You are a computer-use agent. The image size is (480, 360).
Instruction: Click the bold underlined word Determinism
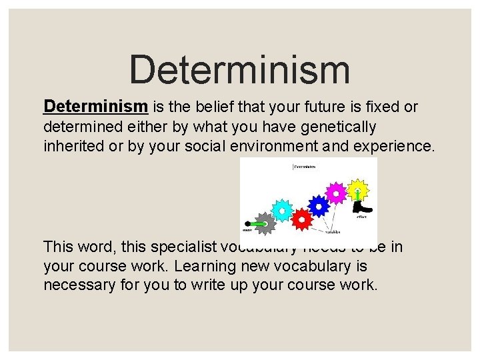(x=95, y=106)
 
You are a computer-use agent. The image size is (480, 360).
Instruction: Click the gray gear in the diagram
(x=265, y=222)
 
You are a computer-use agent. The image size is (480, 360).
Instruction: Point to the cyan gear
(x=283, y=210)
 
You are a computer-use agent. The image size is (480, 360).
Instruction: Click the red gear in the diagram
(x=302, y=217)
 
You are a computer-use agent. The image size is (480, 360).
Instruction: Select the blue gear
(x=319, y=206)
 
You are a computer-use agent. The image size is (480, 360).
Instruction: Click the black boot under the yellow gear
(x=363, y=207)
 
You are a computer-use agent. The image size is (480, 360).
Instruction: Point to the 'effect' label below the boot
(x=363, y=217)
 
